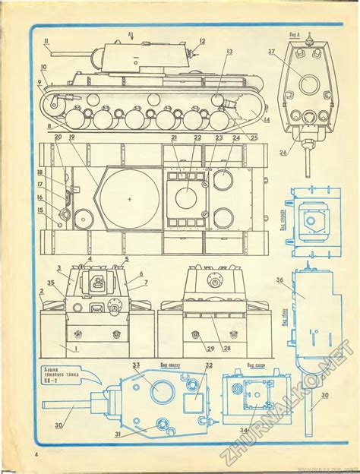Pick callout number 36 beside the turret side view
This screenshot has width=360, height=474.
tap(279, 280)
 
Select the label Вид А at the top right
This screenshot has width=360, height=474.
tap(308, 34)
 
